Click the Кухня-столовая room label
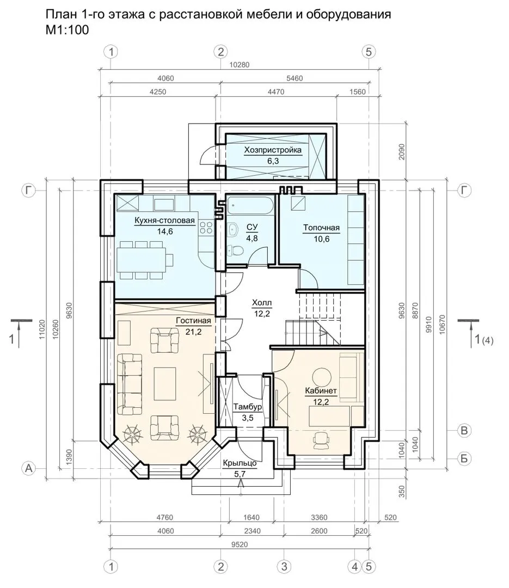tap(164, 220)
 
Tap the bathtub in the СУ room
tap(250, 205)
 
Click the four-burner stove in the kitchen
tap(206, 228)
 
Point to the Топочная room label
tap(321, 228)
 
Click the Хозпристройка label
tap(273, 150)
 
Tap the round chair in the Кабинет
tap(321, 375)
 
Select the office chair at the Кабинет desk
tap(321, 439)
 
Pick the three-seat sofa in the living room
tap(130, 383)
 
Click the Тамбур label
tap(248, 407)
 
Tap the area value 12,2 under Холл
tap(262, 314)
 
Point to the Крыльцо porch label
tap(240, 463)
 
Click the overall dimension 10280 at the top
tap(240, 64)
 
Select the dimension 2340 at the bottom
tap(252, 531)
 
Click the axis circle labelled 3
tap(284, 566)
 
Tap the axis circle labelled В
tap(464, 431)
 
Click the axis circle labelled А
tap(29, 468)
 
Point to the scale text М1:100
tap(67, 30)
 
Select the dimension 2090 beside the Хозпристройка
tap(402, 152)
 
